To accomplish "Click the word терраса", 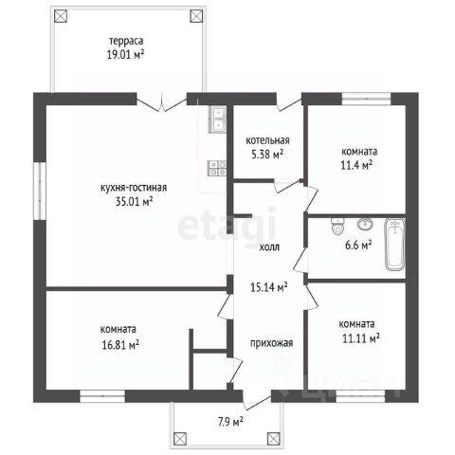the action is tap(126, 41).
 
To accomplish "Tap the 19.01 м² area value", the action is tap(126, 55).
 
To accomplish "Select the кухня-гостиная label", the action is tap(134, 188).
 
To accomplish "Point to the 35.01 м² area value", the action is tap(135, 201).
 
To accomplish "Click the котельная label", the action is tap(267, 140).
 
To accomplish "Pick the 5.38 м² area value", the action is tap(267, 155).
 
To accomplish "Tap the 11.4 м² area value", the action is tap(356, 165).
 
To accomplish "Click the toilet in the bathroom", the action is tap(337, 227).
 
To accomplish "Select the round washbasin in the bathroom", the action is tap(365, 224).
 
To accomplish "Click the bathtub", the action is tap(394, 245).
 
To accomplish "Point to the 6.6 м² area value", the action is tap(358, 246).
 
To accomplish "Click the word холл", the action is tap(269, 247).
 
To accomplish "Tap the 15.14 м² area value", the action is tap(269, 287).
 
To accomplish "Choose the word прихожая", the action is tap(272, 343).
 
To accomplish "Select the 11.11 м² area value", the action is tap(361, 338).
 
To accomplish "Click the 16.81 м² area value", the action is tap(120, 345).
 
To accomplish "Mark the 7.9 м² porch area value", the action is tap(230, 422).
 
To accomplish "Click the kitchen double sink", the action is tap(217, 119).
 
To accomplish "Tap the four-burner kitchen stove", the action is tap(217, 168).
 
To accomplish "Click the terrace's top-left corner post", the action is tap(61, 16).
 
